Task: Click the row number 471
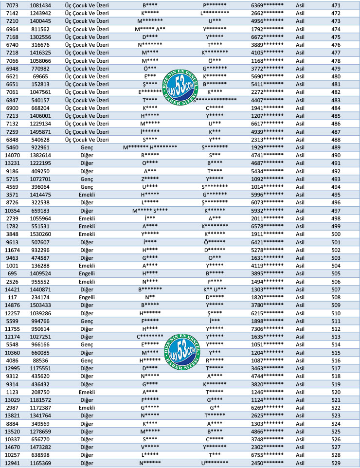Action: (x=336, y=5)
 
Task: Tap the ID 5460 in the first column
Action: (x=12, y=147)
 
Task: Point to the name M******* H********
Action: (x=150, y=147)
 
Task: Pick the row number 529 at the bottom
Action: (x=336, y=462)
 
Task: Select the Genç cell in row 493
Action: (x=87, y=179)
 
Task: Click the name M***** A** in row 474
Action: (x=150, y=29)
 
